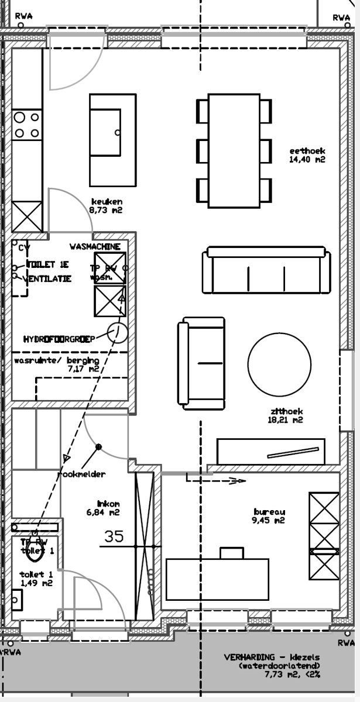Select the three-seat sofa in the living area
pos(265,271)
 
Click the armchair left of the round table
pos(203,363)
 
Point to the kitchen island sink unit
pos(112,140)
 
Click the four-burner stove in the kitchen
pos(27,125)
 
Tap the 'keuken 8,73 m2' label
pos(106,205)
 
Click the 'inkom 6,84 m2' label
pos(108,508)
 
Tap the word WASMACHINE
pos(95,247)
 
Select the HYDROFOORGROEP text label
pos(59,339)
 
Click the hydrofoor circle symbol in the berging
pos(118,333)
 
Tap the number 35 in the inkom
pos(114,536)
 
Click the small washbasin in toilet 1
pos(16,600)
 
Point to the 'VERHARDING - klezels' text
pos(269,658)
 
